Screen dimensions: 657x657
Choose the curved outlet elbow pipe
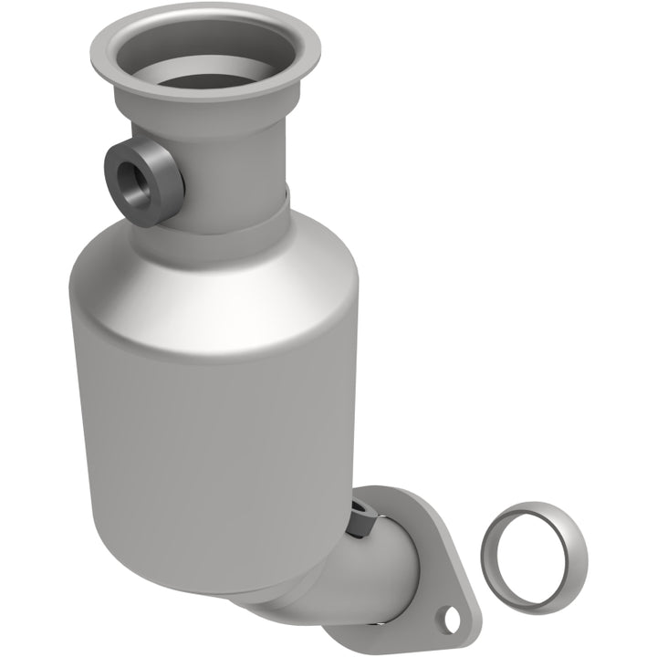pos(365,575)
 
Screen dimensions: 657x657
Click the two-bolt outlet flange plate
pos(429,575)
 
